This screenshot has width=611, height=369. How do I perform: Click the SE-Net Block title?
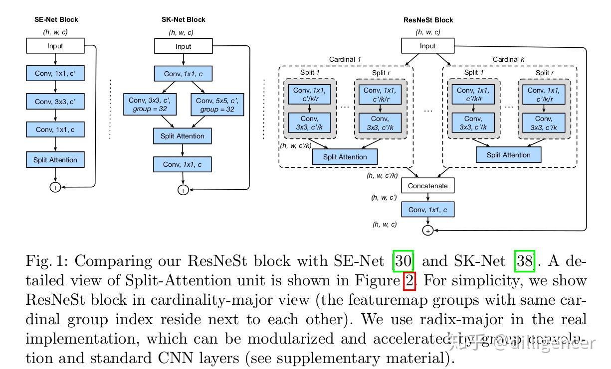(x=56, y=19)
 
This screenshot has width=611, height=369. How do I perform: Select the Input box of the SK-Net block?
(x=183, y=47)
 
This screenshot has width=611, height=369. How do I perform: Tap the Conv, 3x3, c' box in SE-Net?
(x=55, y=102)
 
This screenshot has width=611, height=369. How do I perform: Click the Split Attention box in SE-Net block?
(x=55, y=160)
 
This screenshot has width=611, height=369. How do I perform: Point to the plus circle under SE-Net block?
(x=55, y=187)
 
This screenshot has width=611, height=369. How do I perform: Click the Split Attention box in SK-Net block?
(x=182, y=136)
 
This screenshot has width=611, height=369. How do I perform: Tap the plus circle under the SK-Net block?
(x=183, y=190)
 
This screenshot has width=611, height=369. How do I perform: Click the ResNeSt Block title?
(x=428, y=20)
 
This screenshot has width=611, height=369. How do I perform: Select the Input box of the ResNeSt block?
(x=427, y=46)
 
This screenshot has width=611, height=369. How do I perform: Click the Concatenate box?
(x=428, y=186)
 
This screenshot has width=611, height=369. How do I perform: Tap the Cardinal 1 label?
(x=345, y=60)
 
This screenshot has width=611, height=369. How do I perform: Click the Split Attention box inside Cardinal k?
(x=508, y=155)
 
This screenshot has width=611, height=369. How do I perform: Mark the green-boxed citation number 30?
(x=403, y=261)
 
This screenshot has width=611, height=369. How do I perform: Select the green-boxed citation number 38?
(x=524, y=261)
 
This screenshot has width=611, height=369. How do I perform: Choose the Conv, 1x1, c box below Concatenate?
(x=428, y=210)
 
